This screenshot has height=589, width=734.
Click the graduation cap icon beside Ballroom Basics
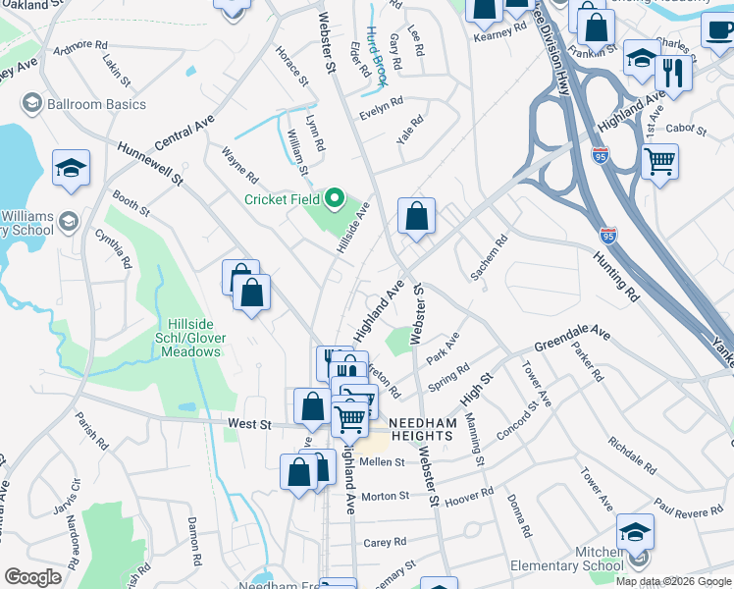coord(31,104)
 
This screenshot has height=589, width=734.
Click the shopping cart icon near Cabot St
coord(659,160)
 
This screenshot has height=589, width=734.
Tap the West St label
coord(248,423)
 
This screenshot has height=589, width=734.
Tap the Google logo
coord(32,577)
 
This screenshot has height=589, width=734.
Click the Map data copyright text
coord(673,581)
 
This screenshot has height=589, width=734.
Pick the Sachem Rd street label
coord(488,256)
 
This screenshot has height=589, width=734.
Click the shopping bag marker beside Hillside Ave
coord(416,215)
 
